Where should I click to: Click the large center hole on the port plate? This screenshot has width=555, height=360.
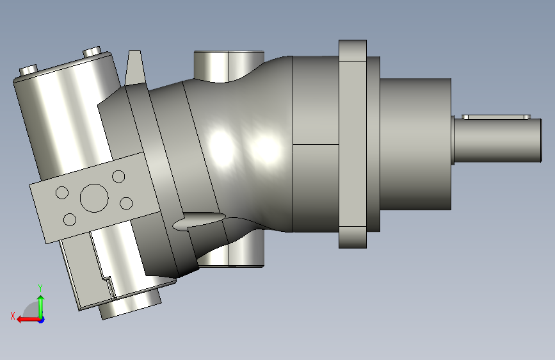(x=94, y=198)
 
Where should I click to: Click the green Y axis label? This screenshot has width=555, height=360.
(x=40, y=288)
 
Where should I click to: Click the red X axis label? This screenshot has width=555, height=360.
(x=13, y=316)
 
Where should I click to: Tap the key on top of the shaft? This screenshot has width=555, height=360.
(x=496, y=117)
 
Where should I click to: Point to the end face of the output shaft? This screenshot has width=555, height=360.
(x=541, y=141)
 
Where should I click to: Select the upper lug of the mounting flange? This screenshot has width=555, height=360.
(x=353, y=51)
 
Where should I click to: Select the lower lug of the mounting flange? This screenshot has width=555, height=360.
(x=353, y=238)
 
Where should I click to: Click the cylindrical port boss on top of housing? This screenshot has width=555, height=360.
(x=229, y=66)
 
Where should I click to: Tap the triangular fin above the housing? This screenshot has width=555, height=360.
(x=135, y=67)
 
